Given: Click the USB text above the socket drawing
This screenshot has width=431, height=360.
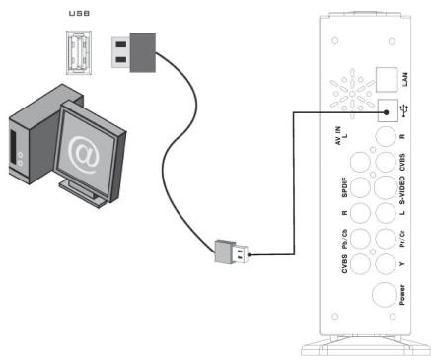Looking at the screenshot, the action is click(79, 14).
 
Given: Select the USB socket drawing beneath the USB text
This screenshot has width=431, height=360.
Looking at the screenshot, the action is click(79, 52).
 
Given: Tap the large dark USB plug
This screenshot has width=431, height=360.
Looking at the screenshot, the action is click(133, 52).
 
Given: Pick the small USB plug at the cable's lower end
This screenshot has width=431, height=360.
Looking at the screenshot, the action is click(232, 252).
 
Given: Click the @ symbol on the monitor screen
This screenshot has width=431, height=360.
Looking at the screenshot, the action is click(83, 155).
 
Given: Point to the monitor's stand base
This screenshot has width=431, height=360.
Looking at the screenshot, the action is click(83, 193).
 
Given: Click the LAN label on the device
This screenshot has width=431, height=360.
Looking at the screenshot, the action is click(405, 80).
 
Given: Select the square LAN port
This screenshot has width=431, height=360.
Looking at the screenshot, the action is click(387, 79).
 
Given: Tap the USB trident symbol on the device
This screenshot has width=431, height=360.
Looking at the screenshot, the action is click(404, 110).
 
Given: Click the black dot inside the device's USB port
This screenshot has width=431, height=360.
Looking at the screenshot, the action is click(387, 112).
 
